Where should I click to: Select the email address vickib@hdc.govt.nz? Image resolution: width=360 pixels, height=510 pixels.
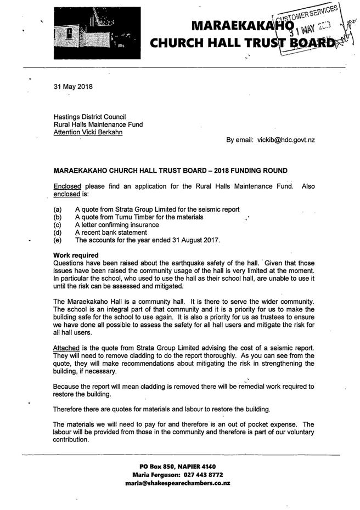pos(286,140)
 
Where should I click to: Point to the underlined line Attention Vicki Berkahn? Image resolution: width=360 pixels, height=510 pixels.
pos(87,132)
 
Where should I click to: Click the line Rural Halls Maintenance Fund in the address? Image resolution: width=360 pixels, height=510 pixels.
pos(98,124)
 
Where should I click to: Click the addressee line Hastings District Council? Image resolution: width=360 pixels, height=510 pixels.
pos(89,117)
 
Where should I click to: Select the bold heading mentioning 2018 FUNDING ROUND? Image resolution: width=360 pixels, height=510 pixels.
pos(170,171)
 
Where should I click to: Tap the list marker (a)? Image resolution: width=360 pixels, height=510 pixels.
pos(58,209)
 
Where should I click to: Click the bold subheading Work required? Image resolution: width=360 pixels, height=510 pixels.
pos(76,256)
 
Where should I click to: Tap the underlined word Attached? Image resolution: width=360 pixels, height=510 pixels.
pos(66,348)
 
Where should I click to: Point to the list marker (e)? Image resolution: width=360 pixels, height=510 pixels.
pos(58,240)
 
